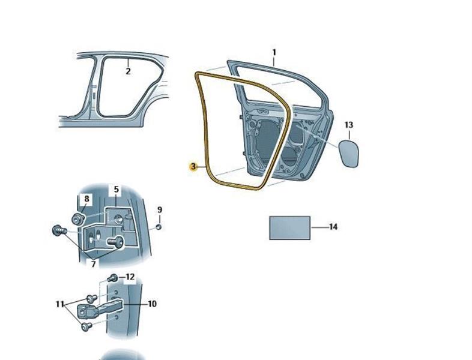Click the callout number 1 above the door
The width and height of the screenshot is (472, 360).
[x=274, y=53]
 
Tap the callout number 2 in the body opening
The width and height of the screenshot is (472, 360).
[x=129, y=71]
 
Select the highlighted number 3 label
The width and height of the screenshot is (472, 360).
[x=193, y=166]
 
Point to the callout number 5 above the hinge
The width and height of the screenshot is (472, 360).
[x=116, y=190]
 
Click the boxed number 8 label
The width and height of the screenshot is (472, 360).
[x=86, y=199]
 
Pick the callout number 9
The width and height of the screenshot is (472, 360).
[x=160, y=209]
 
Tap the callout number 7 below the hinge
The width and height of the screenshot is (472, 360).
[x=93, y=264]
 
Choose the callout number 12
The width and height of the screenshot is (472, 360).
[x=130, y=277]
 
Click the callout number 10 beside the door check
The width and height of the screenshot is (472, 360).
[x=153, y=304]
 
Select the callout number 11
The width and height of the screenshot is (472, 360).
[x=60, y=304]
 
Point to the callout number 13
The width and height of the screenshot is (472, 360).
[x=349, y=125]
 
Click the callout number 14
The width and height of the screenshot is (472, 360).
[x=333, y=227]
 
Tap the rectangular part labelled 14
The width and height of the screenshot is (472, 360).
[x=289, y=228]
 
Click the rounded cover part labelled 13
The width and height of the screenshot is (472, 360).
[x=349, y=153]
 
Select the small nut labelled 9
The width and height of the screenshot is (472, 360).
[x=159, y=227]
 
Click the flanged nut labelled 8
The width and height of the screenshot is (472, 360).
[x=78, y=218]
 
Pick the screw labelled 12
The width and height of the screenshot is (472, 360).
[x=112, y=278]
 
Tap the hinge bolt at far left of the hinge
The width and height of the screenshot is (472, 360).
[x=59, y=230]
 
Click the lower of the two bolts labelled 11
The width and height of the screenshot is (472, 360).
[x=86, y=326]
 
